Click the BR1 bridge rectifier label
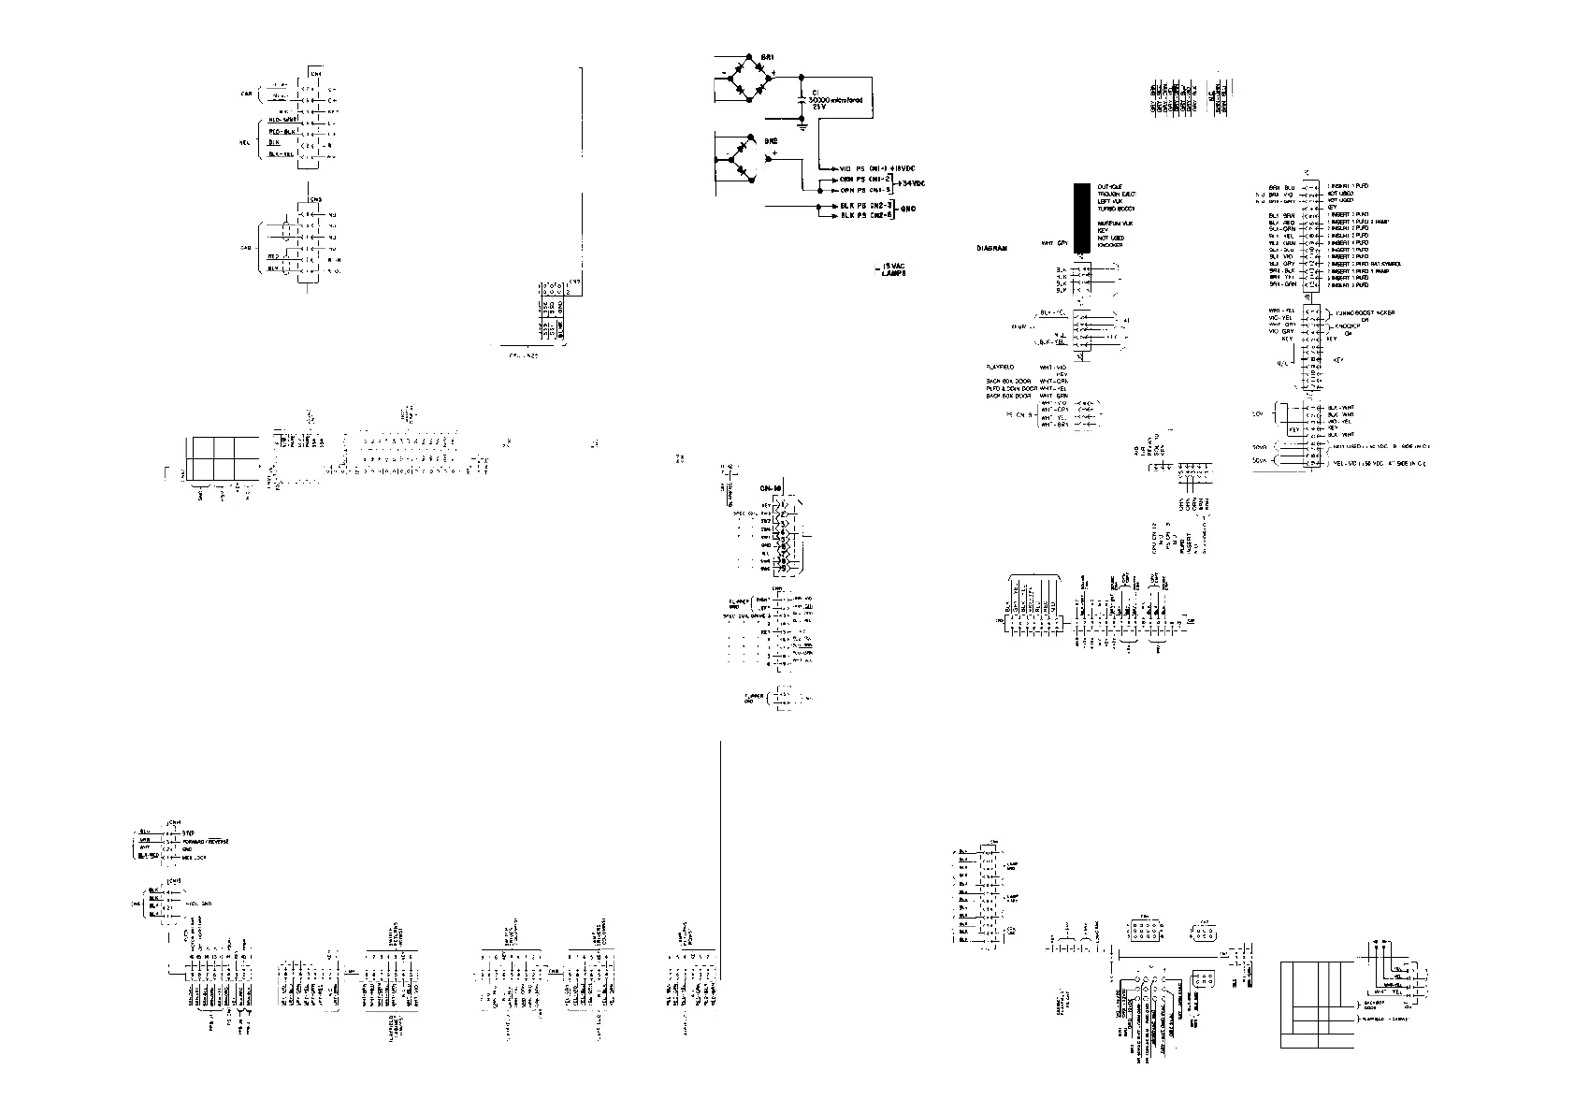pos(767,58)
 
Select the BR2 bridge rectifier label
pos(772,140)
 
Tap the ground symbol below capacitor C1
pos(802,122)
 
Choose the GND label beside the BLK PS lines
pos(907,210)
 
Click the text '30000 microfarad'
pos(835,99)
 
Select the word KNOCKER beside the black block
pos(1110,244)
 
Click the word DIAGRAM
pos(991,249)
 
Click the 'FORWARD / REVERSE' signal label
pos(206,841)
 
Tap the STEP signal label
pos(187,832)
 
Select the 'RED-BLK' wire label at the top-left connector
pos(282,132)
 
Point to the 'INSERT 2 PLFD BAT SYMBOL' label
pos(1366,264)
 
